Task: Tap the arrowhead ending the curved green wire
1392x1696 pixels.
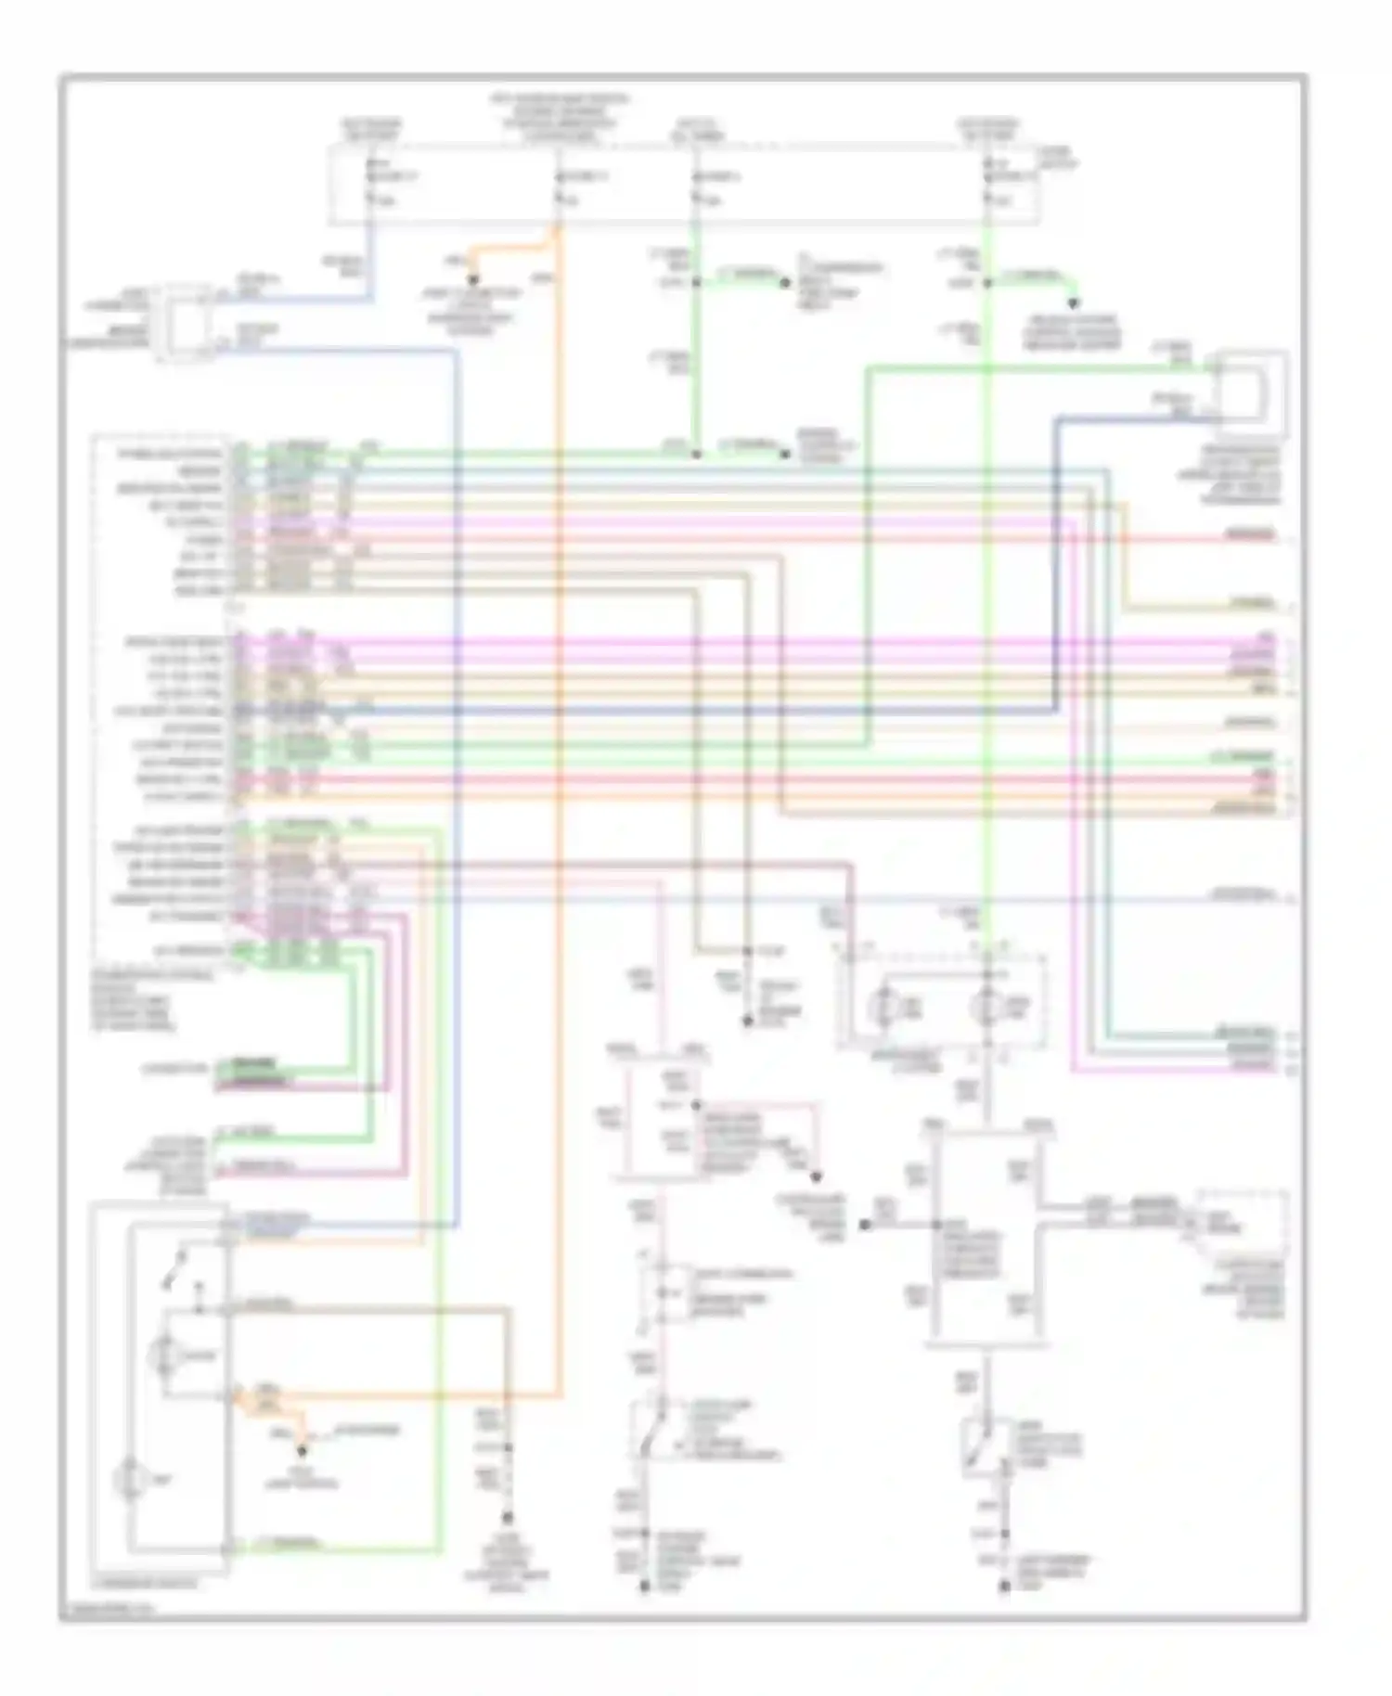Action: coord(1074,303)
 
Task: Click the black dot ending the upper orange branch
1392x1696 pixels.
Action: coord(473,279)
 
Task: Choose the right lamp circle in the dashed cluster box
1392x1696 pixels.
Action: coord(986,1006)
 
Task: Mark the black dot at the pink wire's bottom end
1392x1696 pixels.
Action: coord(645,1587)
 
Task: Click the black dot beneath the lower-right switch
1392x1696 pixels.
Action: coord(1004,1587)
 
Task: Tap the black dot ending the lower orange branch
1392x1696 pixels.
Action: coord(302,1448)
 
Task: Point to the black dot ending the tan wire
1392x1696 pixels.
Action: coord(508,1519)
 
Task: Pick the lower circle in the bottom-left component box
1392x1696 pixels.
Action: coord(130,1479)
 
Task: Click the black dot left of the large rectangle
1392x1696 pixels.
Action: coord(865,1225)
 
